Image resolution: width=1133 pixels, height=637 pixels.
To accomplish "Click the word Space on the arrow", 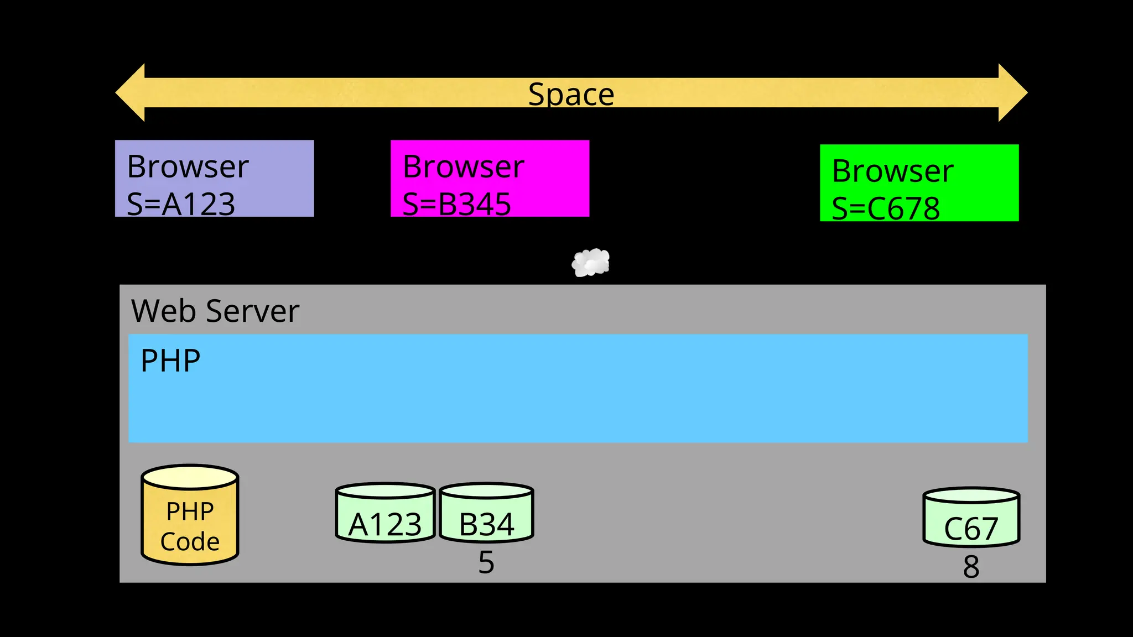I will [x=571, y=94].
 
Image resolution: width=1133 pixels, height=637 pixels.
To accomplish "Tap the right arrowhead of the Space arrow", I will [x=1012, y=93].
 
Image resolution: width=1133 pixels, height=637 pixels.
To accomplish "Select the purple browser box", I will [x=214, y=178].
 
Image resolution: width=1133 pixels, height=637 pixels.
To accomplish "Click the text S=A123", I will [x=181, y=204].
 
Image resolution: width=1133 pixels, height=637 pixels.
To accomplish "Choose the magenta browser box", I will [x=490, y=178].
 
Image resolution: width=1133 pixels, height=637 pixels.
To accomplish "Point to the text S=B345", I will [x=456, y=204].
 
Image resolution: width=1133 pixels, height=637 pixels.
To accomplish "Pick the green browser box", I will [x=919, y=182].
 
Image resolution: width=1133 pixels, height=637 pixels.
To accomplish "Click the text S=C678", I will [x=886, y=208].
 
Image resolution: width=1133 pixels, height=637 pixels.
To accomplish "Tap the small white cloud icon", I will [x=591, y=263].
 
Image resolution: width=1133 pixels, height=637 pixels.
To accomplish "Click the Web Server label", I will [x=215, y=311].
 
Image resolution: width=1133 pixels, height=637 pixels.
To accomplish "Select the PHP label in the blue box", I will [x=170, y=361].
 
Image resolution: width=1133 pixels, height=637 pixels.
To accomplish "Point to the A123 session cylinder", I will [x=385, y=513].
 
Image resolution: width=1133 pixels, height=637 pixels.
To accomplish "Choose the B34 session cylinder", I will [x=486, y=513].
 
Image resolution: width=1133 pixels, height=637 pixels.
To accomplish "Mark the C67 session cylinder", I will [x=971, y=518].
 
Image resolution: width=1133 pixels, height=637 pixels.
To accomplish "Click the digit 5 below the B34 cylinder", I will [x=486, y=562].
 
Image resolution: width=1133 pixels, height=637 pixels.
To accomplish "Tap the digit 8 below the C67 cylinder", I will [x=971, y=567].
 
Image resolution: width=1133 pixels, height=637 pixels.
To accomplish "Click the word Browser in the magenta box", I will [x=464, y=166].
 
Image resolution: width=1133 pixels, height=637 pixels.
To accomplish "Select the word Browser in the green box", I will [x=893, y=171].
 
